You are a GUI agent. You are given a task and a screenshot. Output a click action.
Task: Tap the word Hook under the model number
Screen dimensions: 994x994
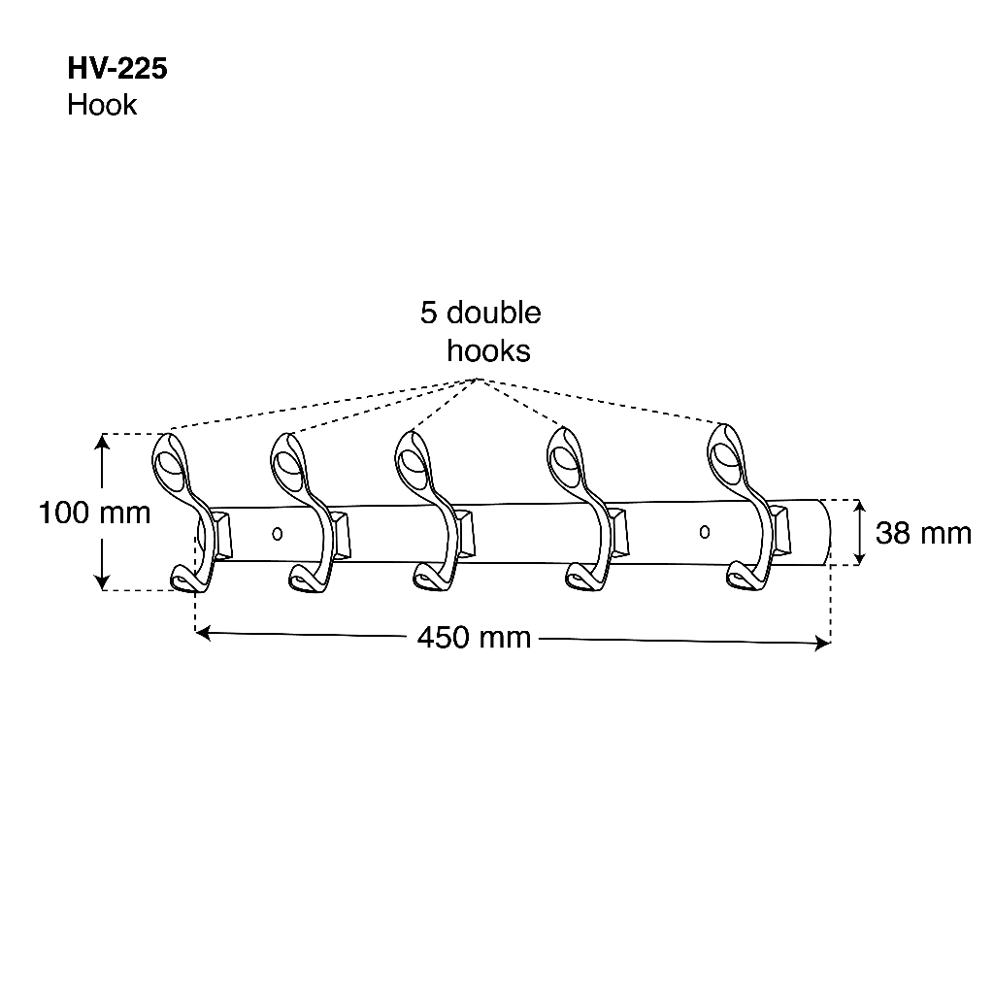102,105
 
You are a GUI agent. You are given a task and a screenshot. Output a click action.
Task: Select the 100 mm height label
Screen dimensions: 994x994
94,513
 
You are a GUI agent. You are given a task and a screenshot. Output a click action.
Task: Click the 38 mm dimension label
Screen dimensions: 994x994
923,533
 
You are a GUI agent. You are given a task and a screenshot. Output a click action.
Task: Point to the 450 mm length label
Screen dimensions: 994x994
474,637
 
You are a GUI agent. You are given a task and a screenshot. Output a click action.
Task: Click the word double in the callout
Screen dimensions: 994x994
494,314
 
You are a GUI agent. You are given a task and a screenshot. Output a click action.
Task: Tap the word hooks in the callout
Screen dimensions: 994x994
488,350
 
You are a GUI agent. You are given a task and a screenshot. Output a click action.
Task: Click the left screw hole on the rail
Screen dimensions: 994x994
278,533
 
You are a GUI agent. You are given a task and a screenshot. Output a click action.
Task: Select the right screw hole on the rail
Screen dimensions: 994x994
705,531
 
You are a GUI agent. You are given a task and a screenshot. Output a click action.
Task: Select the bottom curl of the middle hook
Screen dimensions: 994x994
429,579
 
